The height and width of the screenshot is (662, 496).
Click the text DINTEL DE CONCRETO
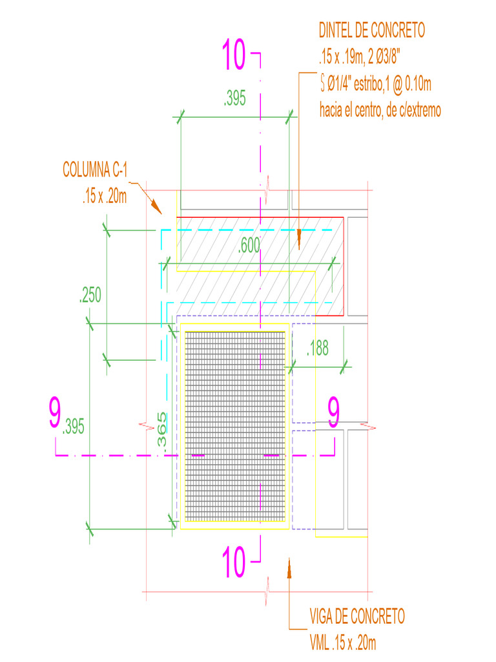tap(372, 30)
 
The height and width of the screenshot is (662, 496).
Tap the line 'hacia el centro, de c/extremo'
tap(380, 111)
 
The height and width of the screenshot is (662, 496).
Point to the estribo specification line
tap(375, 84)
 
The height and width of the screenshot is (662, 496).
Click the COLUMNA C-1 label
tap(96, 170)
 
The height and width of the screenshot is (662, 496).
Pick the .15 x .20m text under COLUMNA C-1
tap(104, 197)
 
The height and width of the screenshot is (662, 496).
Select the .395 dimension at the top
tap(234, 99)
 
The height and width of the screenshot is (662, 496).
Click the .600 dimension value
tap(249, 246)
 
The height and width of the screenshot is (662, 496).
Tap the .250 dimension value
tap(90, 296)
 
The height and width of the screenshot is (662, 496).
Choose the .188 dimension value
tap(317, 348)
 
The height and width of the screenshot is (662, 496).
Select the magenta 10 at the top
tap(234, 55)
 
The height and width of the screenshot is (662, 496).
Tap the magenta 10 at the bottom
tap(234, 561)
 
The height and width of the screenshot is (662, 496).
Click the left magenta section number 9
tap(56, 414)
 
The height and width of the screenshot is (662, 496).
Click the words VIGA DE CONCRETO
tap(356, 616)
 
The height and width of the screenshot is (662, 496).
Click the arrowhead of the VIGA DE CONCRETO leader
tap(289, 567)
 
